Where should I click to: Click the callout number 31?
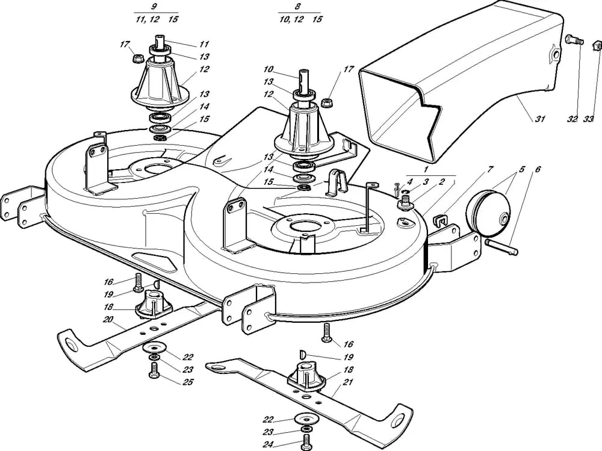tap(540, 119)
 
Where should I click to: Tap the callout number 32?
tap(571, 119)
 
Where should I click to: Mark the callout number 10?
tap(268, 69)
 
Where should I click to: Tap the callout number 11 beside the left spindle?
tap(204, 45)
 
